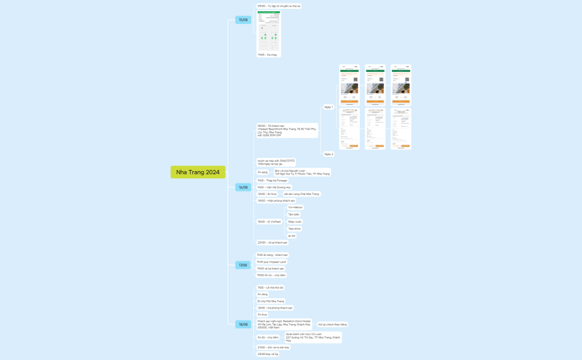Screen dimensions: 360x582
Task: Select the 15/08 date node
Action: coord(243,20)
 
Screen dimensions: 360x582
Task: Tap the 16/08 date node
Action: coord(243,187)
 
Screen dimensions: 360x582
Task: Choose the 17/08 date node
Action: coord(243,265)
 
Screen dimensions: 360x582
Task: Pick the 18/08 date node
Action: coord(243,324)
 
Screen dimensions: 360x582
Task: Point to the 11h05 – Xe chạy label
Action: coord(267,55)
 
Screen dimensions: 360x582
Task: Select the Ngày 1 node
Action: coord(328,107)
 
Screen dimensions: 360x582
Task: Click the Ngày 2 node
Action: coord(328,154)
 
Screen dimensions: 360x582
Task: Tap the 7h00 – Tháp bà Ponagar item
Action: coord(272,181)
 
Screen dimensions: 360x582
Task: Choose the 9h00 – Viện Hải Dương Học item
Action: coord(274,188)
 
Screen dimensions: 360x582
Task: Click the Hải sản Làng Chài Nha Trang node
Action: coord(302,194)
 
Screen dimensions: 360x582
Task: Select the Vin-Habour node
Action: coord(295,207)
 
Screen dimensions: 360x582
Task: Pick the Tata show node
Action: coord(294,229)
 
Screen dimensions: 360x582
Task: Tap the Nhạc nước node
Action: coord(294,222)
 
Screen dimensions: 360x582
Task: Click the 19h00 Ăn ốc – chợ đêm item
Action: coord(271,275)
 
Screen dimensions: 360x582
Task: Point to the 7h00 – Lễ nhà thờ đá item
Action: coord(270,288)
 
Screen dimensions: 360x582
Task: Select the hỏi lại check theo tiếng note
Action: coord(332,324)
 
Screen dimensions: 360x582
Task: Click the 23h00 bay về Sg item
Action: coord(268,353)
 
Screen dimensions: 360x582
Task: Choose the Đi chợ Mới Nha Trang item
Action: coord(270,301)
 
